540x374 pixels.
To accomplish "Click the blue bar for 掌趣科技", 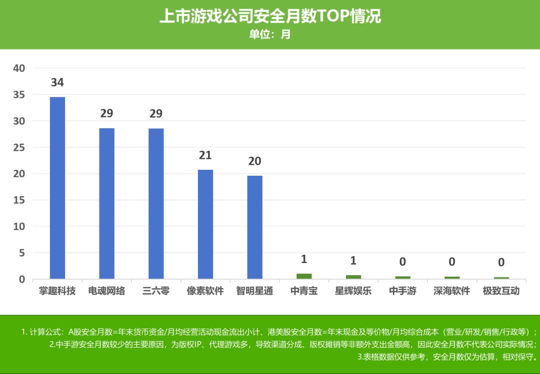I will pos(57,188).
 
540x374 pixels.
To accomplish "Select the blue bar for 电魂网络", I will pos(106,203).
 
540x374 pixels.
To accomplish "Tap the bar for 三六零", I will pos(156,203).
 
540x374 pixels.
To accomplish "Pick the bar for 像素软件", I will pos(205,224).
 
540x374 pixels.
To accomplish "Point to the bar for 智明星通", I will pos(254,227).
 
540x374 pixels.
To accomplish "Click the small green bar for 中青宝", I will pos(304,276).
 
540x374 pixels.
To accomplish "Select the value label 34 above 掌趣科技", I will pos(57,83).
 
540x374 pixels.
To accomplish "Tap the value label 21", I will pos(205,155).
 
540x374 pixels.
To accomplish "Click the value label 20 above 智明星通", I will pos(254,161).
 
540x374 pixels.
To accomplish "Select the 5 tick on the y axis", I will pos(21,253).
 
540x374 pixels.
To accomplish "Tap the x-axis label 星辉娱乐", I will pos(353,291).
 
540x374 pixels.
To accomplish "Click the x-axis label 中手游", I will pos(402,291).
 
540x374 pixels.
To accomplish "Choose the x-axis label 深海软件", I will pos(452,291).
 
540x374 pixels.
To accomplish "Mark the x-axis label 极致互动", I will pos(501,291).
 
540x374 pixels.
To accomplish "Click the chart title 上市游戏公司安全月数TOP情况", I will pos(270,16).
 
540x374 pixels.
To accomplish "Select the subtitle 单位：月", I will pos(270,34).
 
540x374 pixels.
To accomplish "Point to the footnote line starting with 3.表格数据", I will pos(447,357).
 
